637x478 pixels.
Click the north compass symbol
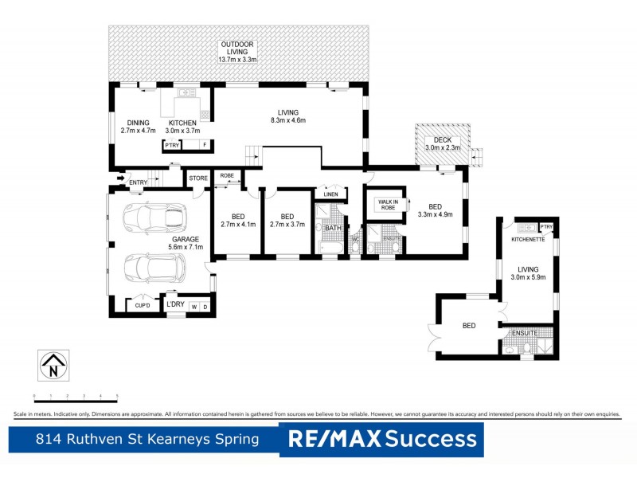click(54, 366)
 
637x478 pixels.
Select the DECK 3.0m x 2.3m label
click(443, 144)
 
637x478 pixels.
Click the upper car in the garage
click(156, 218)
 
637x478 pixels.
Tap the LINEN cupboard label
click(330, 194)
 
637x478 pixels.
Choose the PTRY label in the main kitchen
click(171, 146)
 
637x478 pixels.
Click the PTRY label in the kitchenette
click(547, 228)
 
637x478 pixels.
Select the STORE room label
click(197, 178)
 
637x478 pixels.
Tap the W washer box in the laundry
click(193, 307)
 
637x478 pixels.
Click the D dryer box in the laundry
click(205, 307)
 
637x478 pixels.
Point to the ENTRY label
click(138, 182)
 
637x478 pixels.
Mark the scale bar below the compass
click(76, 396)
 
